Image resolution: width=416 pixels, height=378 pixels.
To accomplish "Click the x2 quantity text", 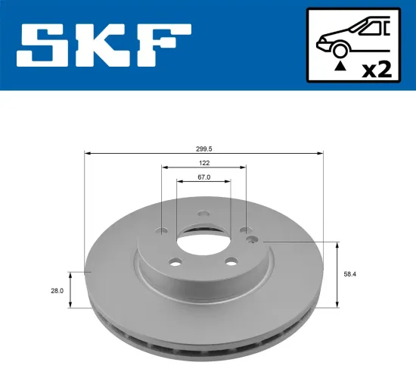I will pos(377,70).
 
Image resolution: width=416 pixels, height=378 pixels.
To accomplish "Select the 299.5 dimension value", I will pos(203,149).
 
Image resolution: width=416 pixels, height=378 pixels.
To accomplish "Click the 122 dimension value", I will pos(203,163).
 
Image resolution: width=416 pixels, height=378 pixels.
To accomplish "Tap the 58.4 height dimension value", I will pos(349,275).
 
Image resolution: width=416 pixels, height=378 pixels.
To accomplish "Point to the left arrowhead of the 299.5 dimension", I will pos(86,154).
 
